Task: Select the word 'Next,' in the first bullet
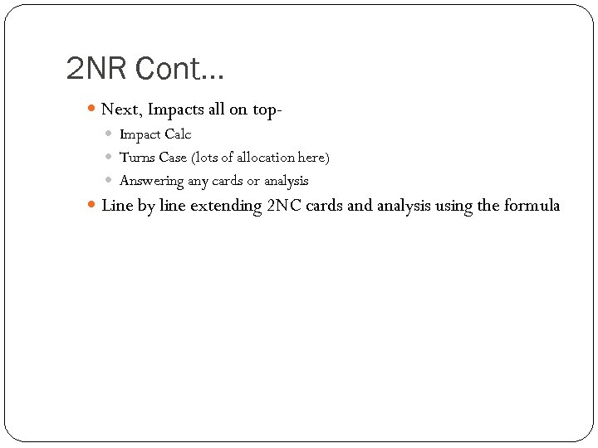(x=121, y=109)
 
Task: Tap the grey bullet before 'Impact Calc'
(x=110, y=134)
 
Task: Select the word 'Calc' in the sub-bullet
(x=178, y=134)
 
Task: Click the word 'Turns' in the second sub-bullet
(x=137, y=157)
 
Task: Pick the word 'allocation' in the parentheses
(x=262, y=157)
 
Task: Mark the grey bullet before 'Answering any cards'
(x=110, y=180)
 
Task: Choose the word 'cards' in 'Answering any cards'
(x=228, y=180)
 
